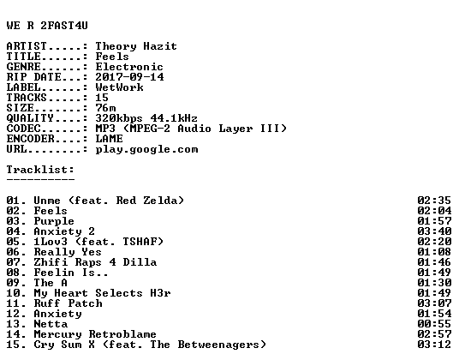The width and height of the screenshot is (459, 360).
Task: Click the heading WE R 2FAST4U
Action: [x=47, y=26]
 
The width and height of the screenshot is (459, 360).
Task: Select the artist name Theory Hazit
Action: [x=136, y=46]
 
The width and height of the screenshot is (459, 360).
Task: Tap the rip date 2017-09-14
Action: [x=129, y=77]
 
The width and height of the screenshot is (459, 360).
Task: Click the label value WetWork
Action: [x=119, y=87]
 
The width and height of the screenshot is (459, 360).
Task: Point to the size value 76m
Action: [x=105, y=108]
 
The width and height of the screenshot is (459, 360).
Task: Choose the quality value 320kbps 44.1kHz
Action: [x=146, y=118]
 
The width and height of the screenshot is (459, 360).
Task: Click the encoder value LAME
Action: [x=110, y=139]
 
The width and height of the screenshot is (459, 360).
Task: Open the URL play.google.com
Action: [x=146, y=150]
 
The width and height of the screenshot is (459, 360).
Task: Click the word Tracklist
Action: [x=39, y=170]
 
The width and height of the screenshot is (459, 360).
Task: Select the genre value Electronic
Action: [x=129, y=67]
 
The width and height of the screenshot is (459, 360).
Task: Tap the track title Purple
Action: [x=54, y=221]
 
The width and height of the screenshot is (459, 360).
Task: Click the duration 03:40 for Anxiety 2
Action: [x=434, y=231]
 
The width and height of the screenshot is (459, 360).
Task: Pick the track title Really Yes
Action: [x=68, y=252]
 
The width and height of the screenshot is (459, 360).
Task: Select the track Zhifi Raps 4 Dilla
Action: [x=95, y=262]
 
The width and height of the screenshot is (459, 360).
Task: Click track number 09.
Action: [x=13, y=283]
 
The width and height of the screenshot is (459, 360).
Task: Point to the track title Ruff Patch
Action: [x=68, y=303]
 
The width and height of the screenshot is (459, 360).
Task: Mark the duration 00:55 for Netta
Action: [x=434, y=324]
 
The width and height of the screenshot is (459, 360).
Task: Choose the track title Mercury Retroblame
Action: [x=95, y=334]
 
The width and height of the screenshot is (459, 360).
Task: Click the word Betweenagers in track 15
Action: [x=218, y=345]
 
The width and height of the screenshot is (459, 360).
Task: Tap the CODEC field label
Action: [x=23, y=129]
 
